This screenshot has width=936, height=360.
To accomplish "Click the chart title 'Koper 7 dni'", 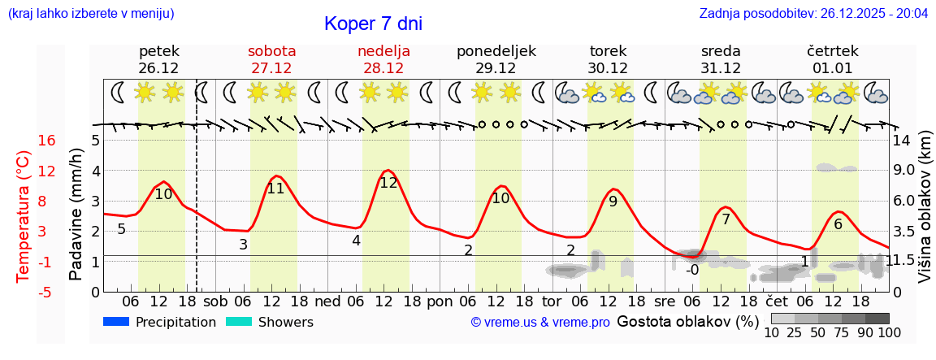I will (373, 24).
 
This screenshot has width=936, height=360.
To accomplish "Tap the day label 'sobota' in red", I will (271, 51).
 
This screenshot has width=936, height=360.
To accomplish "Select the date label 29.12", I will (496, 68).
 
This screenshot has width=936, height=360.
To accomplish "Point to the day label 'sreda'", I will (721, 51).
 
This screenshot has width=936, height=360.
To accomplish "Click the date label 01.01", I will (832, 68).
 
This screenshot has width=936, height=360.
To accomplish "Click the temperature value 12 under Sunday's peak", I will (388, 183).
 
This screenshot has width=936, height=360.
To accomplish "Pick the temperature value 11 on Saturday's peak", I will (276, 189).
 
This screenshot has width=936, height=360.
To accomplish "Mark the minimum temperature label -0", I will (692, 270).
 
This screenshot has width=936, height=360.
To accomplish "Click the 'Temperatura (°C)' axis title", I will (24, 215).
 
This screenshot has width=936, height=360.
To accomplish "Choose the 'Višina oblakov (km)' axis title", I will (925, 215).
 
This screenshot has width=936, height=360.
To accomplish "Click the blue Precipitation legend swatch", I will (116, 322).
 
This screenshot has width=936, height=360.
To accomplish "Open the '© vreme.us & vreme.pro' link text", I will (539, 323).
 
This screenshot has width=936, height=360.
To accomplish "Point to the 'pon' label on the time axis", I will (440, 301).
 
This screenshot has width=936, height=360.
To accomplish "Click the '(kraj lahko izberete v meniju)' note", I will (91, 14).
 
